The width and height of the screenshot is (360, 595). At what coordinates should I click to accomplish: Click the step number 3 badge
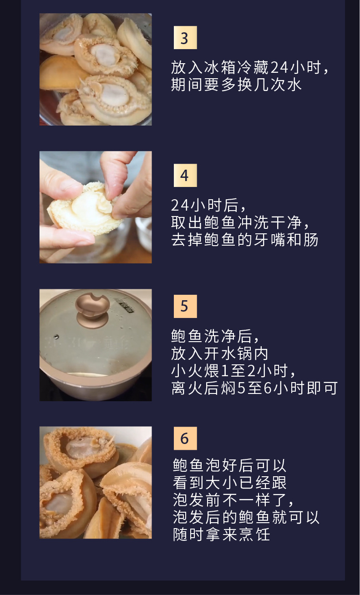185,38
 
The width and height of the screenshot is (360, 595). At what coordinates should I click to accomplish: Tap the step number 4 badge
185,176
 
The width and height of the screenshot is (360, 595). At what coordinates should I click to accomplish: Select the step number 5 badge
185,306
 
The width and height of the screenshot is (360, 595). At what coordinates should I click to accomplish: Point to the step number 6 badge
185,439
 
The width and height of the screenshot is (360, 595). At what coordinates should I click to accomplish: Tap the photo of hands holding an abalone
96,207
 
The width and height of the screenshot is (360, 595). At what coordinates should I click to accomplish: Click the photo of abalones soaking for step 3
96,69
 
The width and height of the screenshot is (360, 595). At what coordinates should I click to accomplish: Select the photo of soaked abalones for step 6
96,482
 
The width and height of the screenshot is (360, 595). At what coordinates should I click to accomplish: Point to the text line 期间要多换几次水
236,85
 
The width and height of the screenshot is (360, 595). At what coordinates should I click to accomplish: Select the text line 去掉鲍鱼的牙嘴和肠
244,240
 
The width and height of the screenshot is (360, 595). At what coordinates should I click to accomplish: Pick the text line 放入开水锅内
220,353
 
